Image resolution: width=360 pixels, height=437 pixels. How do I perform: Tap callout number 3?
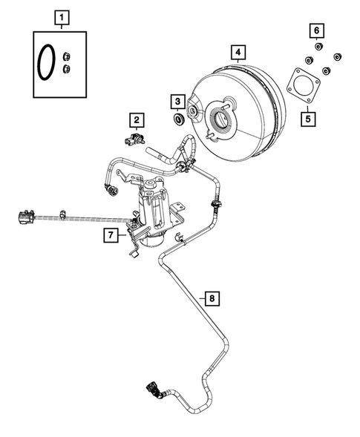177,100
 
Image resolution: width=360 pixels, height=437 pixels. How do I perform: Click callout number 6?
317,30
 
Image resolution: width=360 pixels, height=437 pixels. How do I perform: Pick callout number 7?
110,236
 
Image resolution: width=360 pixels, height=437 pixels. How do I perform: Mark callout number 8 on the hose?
212,299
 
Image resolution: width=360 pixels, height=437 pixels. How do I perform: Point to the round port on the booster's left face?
192,111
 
